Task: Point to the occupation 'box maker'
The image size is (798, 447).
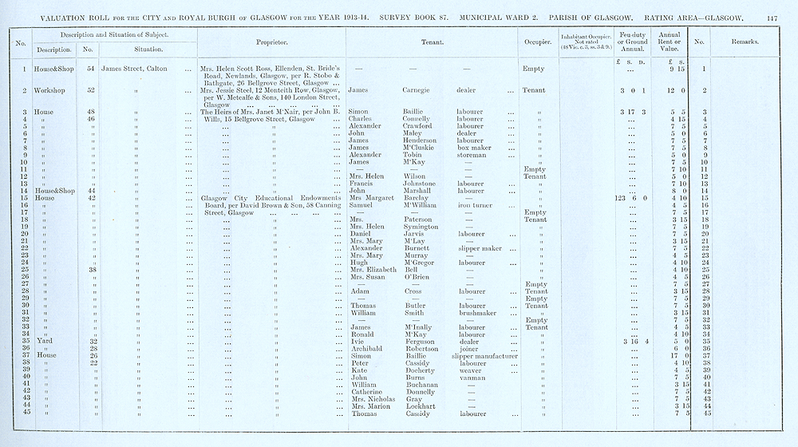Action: point(474,148)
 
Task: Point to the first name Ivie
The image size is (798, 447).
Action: point(359,342)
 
